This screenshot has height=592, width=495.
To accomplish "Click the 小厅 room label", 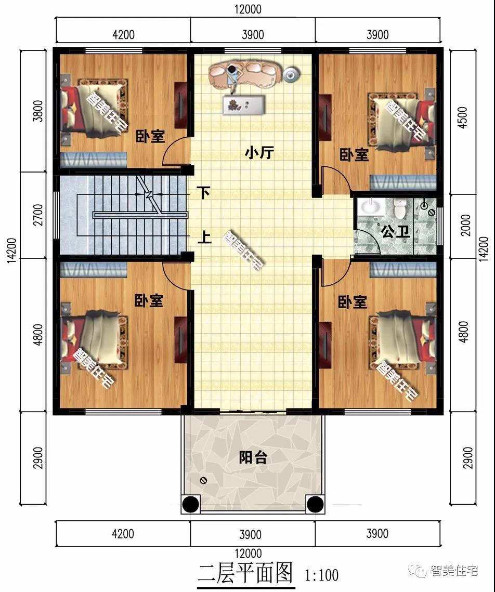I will point(259,153).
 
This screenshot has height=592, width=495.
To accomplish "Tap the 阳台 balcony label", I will point(253,458).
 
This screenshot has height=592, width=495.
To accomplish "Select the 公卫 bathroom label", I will point(395,231).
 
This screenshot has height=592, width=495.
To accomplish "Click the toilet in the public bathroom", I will point(400,209).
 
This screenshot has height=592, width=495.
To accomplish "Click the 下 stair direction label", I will point(203,193).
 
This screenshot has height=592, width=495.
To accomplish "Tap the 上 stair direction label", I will point(203,238).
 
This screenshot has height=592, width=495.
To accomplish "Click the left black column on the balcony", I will point(191,504).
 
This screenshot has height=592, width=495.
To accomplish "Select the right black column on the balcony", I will point(315,504).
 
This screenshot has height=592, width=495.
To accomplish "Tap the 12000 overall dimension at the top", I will point(248,9).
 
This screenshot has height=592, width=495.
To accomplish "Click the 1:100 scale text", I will point(322,575).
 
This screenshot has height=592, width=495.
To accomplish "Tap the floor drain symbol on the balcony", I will point(203,480).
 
